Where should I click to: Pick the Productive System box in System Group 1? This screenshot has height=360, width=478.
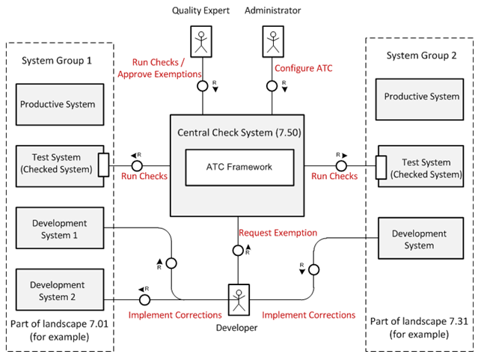(58, 104)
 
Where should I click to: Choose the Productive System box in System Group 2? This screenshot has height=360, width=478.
(421, 97)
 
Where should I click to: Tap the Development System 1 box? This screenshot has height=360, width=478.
(59, 229)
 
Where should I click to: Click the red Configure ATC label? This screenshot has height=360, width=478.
(303, 69)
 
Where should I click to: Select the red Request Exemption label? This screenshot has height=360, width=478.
(278, 233)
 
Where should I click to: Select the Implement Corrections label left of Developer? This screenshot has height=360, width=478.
(174, 315)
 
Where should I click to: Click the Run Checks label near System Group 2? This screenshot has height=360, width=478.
(335, 177)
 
